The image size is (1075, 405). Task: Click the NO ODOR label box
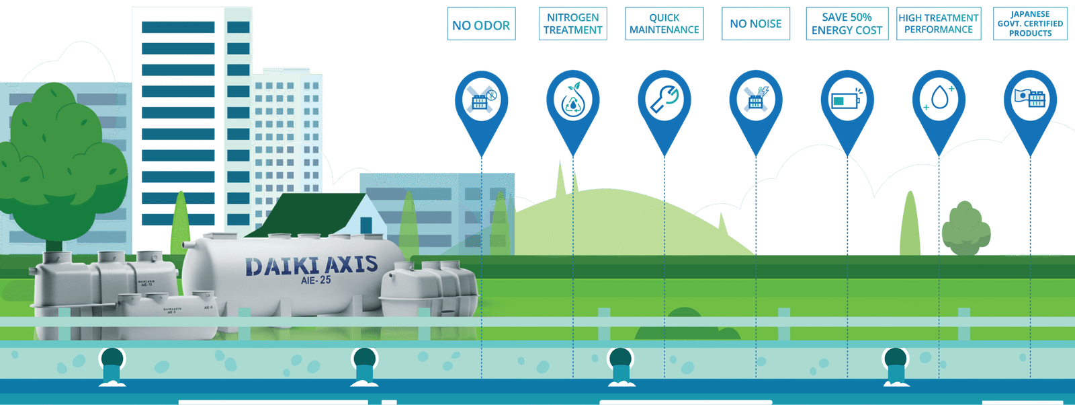481,24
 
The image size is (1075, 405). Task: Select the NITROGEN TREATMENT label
573,24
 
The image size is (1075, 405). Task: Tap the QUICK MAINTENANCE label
664,24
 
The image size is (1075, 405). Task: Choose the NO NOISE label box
756,24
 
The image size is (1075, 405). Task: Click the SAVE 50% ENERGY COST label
847,24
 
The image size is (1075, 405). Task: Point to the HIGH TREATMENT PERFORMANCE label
939,24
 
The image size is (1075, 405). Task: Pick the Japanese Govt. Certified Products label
1030,24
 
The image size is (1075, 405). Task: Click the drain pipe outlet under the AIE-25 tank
364,367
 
